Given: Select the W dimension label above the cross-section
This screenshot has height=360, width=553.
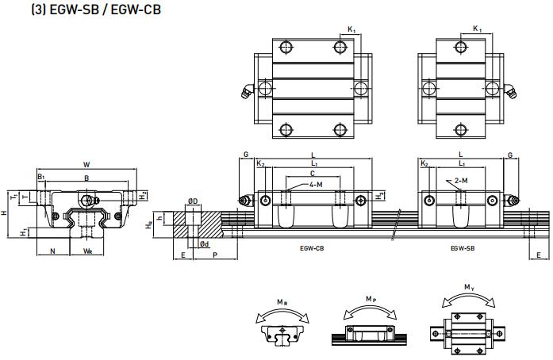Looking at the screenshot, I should (x=86, y=165).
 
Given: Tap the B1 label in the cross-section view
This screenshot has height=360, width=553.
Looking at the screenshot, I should (x=41, y=176).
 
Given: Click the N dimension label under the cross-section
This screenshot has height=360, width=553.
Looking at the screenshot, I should (x=52, y=251).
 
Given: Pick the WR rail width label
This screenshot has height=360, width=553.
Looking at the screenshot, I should (x=87, y=251).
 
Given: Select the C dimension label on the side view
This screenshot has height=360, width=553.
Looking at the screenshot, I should (x=313, y=173).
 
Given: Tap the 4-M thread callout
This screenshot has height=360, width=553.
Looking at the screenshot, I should (x=316, y=184).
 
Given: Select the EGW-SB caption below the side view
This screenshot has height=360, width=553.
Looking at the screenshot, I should (x=463, y=248).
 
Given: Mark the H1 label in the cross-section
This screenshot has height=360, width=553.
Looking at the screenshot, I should (x=24, y=232).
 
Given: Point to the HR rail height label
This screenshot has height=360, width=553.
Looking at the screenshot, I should (x=149, y=226).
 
